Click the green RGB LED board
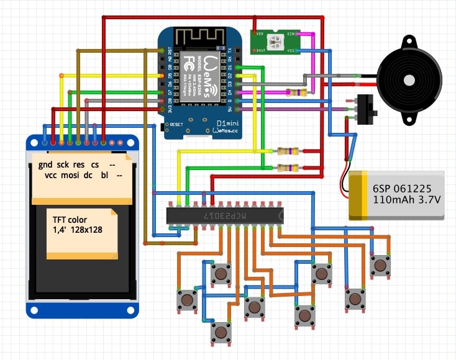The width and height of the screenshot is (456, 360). tap(275, 42)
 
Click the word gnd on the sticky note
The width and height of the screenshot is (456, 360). tap(45, 166)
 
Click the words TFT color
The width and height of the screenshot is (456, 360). tap(70, 220)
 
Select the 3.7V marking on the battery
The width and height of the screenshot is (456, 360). tap(429, 200)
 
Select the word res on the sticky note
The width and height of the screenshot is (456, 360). tap(78, 166)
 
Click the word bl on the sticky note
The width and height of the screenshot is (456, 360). tap(104, 176)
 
